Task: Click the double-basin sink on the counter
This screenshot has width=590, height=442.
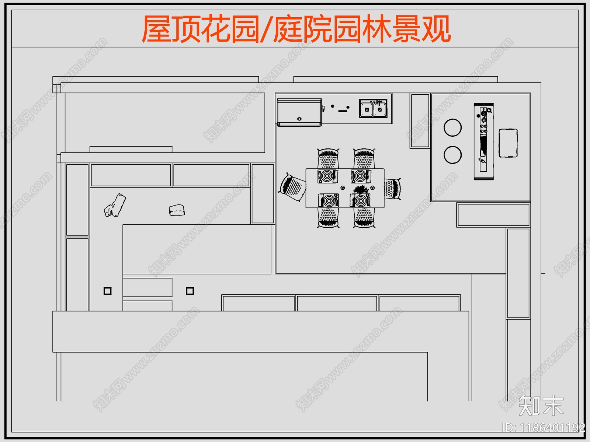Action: tap(373, 108)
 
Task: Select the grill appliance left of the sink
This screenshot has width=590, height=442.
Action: tap(299, 112)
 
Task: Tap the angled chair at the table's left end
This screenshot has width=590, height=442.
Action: tap(293, 187)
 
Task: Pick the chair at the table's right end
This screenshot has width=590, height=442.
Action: tap(392, 189)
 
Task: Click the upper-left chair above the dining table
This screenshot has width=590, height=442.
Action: tap(328, 159)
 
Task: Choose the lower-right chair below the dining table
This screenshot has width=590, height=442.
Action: tap(364, 217)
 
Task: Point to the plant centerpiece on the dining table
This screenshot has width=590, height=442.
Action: tap(360, 190)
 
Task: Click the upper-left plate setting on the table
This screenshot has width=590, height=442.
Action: tap(327, 176)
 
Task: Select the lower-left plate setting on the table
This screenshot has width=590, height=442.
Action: tap(328, 200)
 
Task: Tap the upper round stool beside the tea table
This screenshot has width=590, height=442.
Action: tap(452, 127)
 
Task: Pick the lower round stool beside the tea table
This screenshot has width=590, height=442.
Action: tap(452, 155)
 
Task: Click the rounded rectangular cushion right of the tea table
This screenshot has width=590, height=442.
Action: tap(508, 143)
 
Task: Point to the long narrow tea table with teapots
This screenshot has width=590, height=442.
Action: tap(483, 142)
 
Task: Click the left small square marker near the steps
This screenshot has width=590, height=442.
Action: tap(107, 291)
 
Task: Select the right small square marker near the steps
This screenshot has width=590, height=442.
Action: tap(190, 291)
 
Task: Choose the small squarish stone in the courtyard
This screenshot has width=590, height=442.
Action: tap(177, 210)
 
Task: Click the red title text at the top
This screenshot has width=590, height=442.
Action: tap(296, 29)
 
